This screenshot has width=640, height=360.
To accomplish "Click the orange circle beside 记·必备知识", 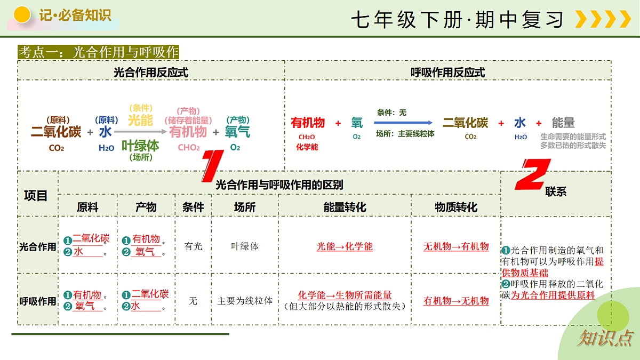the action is [x=22, y=14].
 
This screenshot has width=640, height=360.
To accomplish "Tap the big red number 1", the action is [x=213, y=166].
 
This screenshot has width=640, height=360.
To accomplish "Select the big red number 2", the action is [x=533, y=174].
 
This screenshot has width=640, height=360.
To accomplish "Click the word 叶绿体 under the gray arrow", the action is [x=140, y=146].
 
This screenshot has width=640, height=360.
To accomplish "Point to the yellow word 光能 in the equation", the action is [x=140, y=121].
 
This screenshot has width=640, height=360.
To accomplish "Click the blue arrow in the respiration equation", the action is [x=403, y=123].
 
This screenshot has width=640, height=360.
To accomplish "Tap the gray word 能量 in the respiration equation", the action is [x=563, y=123].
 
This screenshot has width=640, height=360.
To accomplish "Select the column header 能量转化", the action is [x=345, y=207].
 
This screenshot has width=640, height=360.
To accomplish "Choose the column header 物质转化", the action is [x=456, y=207].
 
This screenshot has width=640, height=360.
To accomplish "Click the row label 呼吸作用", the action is [x=37, y=301].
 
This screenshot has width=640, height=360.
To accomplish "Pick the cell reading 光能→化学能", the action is [x=345, y=246].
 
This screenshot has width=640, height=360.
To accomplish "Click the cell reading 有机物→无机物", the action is [x=456, y=301].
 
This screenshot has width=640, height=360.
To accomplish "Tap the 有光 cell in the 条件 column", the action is [x=193, y=246].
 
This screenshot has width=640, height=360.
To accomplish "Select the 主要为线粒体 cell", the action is [x=245, y=301].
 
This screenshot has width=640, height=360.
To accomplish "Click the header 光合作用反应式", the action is [x=151, y=73].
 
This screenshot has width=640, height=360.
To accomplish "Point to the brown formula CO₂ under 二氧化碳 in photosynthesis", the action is [x=57, y=148].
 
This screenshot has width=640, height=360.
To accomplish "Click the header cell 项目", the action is [x=36, y=196].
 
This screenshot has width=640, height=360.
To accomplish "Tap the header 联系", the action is [x=556, y=191].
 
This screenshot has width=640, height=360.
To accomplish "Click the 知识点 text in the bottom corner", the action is [x=605, y=338].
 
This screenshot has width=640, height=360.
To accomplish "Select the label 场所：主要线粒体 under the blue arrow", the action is [x=405, y=134].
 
